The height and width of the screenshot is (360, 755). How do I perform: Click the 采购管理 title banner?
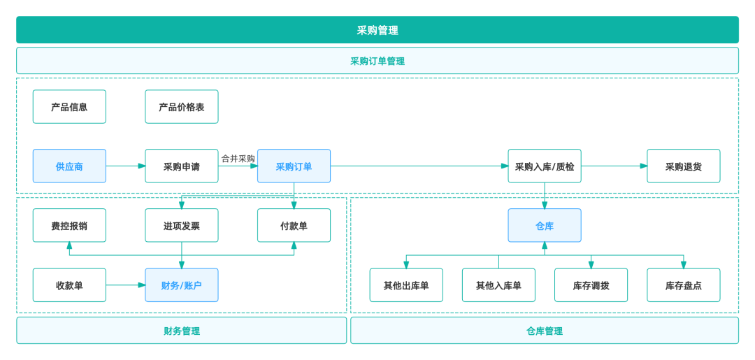pyautogui.click(x=377, y=30)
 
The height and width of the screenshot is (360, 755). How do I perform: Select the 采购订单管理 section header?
pyautogui.click(x=377, y=61)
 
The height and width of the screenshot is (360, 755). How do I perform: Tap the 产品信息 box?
pyautogui.click(x=69, y=107)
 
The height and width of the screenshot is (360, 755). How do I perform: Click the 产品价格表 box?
pyautogui.click(x=182, y=107)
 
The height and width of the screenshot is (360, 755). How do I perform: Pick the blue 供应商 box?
pyautogui.click(x=69, y=166)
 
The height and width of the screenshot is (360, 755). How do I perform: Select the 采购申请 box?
pyautogui.click(x=182, y=166)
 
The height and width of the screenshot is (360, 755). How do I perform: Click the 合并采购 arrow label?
pyautogui.click(x=238, y=159)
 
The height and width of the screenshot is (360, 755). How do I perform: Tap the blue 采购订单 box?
pyautogui.click(x=294, y=166)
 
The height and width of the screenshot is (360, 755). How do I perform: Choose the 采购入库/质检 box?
pyautogui.click(x=545, y=166)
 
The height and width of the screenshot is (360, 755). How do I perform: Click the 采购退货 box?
pyautogui.click(x=683, y=166)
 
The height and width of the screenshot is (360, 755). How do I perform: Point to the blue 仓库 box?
pyautogui.click(x=545, y=226)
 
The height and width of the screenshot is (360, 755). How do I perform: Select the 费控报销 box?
pyautogui.click(x=69, y=226)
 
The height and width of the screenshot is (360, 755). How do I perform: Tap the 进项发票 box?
pyautogui.click(x=182, y=226)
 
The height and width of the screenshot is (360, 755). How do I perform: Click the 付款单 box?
pyautogui.click(x=294, y=226)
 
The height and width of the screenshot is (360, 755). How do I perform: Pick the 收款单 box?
pyautogui.click(x=69, y=285)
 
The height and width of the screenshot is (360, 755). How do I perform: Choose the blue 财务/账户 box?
pyautogui.click(x=182, y=285)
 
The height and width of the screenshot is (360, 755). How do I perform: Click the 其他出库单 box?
pyautogui.click(x=406, y=285)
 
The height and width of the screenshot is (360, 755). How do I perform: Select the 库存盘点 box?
pyautogui.click(x=683, y=285)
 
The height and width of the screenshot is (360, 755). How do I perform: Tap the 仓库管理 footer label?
pyautogui.click(x=545, y=331)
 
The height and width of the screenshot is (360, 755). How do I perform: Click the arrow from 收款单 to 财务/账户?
pyautogui.click(x=126, y=285)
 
